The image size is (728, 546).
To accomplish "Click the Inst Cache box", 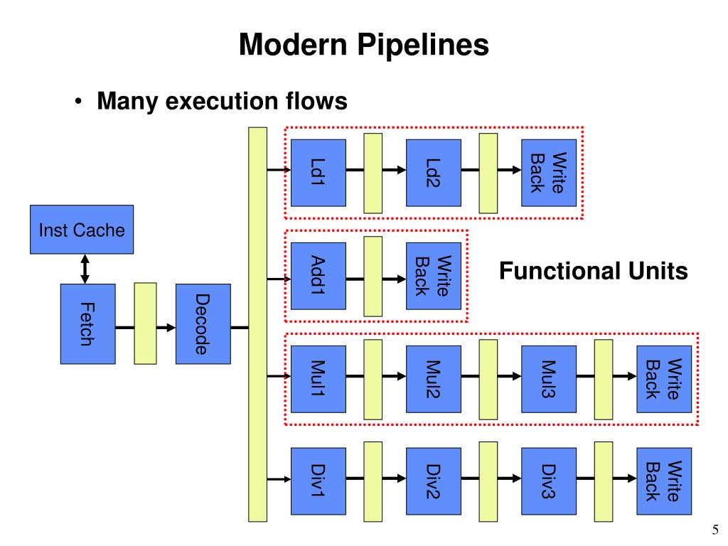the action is tap(82, 230).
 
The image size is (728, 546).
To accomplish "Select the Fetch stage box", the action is tap(87, 324).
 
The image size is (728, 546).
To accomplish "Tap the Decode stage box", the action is tap(203, 324).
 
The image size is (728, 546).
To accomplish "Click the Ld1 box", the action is tap(318, 173).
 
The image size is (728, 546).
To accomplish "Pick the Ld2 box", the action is tap(434, 173).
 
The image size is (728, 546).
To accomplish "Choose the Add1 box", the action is tap(318, 276).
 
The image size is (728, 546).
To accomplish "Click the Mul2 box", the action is tap(434, 379).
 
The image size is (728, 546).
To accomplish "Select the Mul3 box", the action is tap(549, 379).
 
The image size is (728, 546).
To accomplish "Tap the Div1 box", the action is tap(318, 481).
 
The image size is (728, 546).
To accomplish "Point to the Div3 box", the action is tap(549, 481).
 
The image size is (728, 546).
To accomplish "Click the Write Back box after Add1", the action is tap(434, 276).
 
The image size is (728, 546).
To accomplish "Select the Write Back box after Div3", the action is tap(664, 481).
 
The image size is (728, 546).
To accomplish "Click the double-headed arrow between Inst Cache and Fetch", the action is tap(85, 269).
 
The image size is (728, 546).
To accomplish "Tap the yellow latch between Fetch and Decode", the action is tap(145, 323).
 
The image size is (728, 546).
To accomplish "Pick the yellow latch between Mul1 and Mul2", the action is tap(373, 380).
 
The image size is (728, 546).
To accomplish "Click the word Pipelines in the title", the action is tap(423, 45).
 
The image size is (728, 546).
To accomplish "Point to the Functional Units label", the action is tap(594, 271).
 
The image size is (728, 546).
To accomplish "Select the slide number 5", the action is tap(715, 529).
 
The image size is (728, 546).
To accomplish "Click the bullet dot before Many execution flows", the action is tap(78, 101).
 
